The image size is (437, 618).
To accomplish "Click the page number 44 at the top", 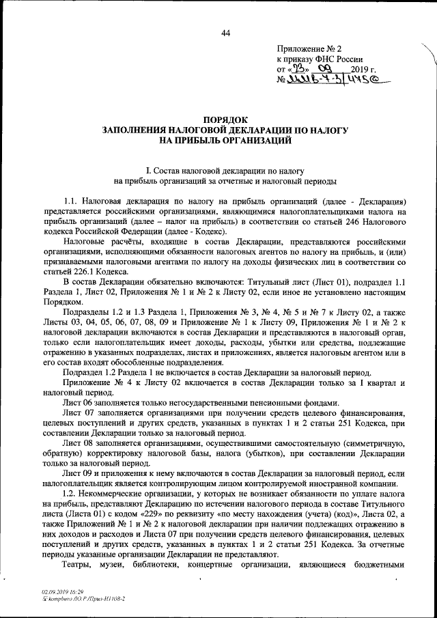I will pyautogui.click(x=225, y=33).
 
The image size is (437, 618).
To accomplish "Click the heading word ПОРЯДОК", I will pyautogui.click(x=225, y=119).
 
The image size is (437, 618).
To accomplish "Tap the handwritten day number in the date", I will pyautogui.click(x=302, y=69).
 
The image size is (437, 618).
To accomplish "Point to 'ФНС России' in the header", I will pyautogui.click(x=339, y=59).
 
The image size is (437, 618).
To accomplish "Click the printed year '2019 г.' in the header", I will pyautogui.click(x=364, y=70).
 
